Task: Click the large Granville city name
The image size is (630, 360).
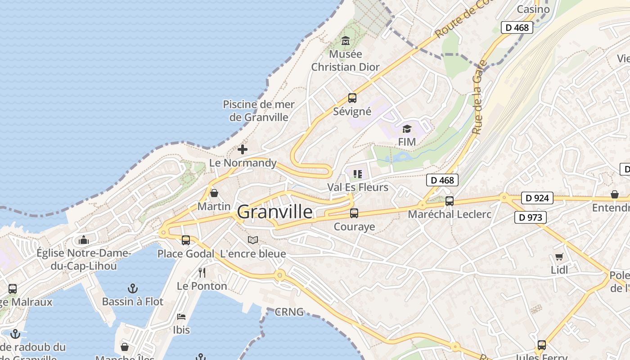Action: (274, 211)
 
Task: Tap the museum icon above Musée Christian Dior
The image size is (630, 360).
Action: (345, 41)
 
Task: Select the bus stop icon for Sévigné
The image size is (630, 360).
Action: (352, 98)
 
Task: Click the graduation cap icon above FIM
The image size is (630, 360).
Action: (407, 129)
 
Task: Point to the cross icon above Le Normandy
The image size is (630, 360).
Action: (243, 149)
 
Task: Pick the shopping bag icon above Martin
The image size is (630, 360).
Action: (214, 193)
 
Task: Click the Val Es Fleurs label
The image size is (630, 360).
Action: (358, 187)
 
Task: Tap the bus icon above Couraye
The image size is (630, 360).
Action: (354, 213)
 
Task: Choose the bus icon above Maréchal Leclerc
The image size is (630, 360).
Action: (449, 201)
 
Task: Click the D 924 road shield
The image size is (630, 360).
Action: (537, 198)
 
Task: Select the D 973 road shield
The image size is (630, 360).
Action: (531, 217)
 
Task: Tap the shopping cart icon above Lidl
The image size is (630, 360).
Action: (559, 257)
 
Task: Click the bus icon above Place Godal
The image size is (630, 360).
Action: (186, 240)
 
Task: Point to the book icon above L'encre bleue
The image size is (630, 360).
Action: (253, 240)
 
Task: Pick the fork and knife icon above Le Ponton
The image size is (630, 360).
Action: (202, 272)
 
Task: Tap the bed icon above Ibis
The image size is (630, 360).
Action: (181, 316)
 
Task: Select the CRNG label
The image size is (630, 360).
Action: (289, 312)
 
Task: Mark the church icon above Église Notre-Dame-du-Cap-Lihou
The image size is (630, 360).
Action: (84, 240)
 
